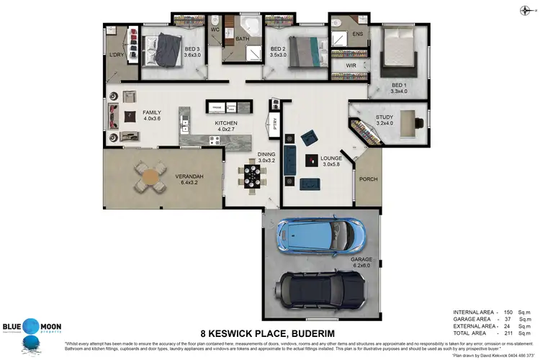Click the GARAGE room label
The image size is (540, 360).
tap(361, 261)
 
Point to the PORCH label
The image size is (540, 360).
tap(368, 179)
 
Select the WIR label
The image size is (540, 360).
tap(351, 66)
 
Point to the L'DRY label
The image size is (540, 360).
tap(117, 55)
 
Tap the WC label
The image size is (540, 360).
tap(215, 30)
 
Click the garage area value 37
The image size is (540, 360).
tap(506, 318)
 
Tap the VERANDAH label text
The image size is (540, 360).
tap(189, 176)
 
